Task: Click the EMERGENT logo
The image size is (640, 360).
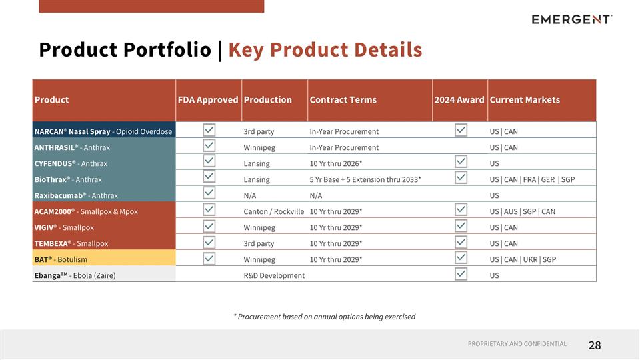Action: coord(571,19)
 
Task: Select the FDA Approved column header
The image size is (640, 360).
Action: coord(207,100)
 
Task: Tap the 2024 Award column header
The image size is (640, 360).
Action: coord(459,100)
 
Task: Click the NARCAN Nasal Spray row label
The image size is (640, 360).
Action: coord(103,131)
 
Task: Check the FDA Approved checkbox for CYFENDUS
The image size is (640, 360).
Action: coord(209,161)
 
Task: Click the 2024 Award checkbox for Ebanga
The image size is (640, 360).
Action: coord(461,273)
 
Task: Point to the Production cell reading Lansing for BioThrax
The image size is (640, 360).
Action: coord(257,179)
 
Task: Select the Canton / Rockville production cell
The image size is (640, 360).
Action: coord(274,211)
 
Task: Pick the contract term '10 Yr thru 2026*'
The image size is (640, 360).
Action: coord(335,163)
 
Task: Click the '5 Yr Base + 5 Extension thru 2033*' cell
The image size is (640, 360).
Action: coord(365,179)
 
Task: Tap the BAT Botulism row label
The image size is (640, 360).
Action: coord(61,259)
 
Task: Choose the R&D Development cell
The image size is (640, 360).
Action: coord(274,275)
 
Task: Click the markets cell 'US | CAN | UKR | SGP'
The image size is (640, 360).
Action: coord(523,259)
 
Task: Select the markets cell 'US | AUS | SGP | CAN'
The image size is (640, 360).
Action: coord(523,211)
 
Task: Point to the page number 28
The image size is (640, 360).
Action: coord(595,345)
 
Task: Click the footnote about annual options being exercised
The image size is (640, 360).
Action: coord(324,317)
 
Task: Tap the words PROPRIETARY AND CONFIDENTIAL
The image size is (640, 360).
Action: coord(517,344)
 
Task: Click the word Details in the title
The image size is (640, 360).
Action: coord(389,50)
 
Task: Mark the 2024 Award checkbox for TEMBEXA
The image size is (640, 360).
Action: coord(461,241)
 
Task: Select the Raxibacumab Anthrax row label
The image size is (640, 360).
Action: coord(76,195)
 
